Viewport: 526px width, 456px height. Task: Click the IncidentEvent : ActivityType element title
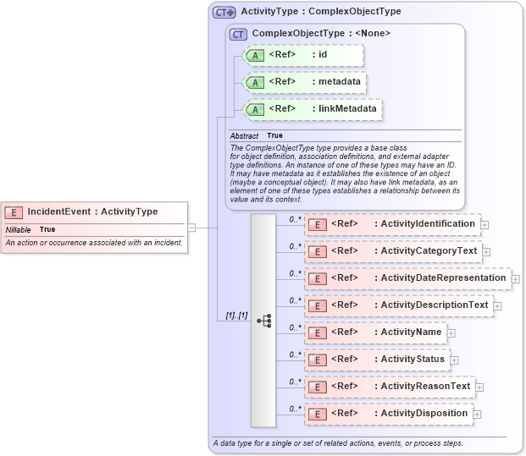pyautogui.click(x=92, y=212)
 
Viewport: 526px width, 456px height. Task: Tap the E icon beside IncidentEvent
pyautogui.click(x=14, y=212)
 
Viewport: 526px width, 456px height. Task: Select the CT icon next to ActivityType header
pyautogui.click(x=224, y=12)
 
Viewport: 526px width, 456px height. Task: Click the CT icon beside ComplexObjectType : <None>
pyautogui.click(x=238, y=34)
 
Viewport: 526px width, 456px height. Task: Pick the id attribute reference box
pyautogui.click(x=303, y=56)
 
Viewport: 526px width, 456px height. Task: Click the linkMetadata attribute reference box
pyautogui.click(x=312, y=109)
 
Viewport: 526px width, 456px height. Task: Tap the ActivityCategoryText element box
pyautogui.click(x=393, y=251)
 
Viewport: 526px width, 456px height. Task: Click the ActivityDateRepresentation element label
pyautogui.click(x=443, y=277)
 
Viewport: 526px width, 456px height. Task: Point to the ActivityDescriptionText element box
pyautogui.click(x=398, y=305)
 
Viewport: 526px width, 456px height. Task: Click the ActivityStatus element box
pyautogui.click(x=376, y=360)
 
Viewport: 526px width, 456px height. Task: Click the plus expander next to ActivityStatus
pyautogui.click(x=454, y=360)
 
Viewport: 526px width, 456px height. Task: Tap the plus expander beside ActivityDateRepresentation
pyautogui.click(x=515, y=278)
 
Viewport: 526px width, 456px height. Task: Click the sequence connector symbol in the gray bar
pyautogui.click(x=263, y=321)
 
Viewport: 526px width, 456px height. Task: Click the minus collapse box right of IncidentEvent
pyautogui.click(x=191, y=227)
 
